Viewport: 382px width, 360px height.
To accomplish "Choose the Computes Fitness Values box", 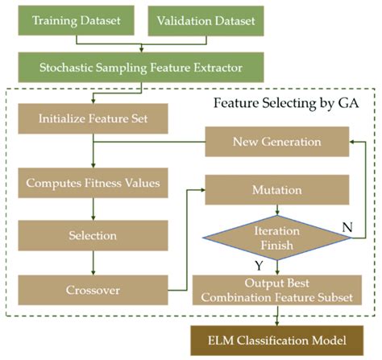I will (91, 184).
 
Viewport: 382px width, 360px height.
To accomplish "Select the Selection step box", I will (91, 237).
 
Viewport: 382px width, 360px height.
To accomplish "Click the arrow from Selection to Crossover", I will (91, 263).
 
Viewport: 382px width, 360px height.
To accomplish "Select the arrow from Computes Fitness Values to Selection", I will (91, 210).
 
